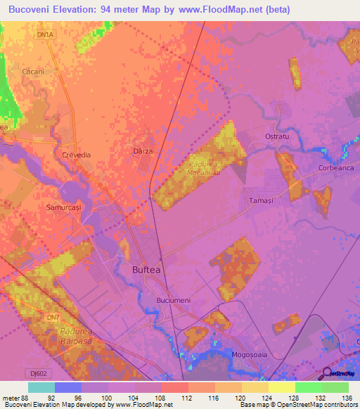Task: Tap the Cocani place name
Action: (x=33, y=72)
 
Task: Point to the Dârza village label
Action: (x=143, y=151)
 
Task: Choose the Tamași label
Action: (x=260, y=200)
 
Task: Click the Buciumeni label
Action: (x=173, y=300)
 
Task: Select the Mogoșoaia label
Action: (x=250, y=356)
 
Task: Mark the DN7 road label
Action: (x=53, y=318)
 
